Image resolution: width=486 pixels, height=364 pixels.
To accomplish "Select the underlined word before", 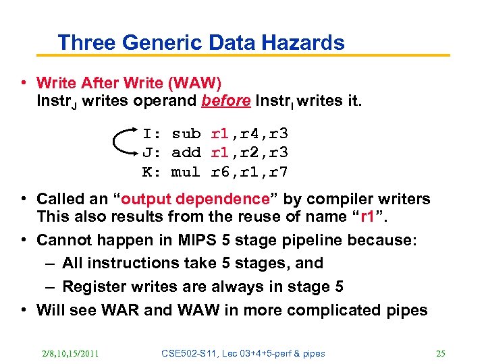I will pyautogui.click(x=226, y=102).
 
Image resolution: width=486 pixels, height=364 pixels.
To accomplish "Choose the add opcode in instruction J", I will pyautogui.click(x=186, y=152).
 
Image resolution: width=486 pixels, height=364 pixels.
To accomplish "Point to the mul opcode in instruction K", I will pyautogui.click(x=186, y=172).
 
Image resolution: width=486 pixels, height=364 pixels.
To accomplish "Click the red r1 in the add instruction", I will pyautogui.click(x=219, y=152).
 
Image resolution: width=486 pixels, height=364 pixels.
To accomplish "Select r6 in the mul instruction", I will pyautogui.click(x=219, y=172).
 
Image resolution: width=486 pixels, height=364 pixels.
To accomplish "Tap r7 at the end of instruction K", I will pyautogui.click(x=278, y=172).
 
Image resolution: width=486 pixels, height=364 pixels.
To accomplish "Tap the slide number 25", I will pyautogui.click(x=441, y=353).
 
